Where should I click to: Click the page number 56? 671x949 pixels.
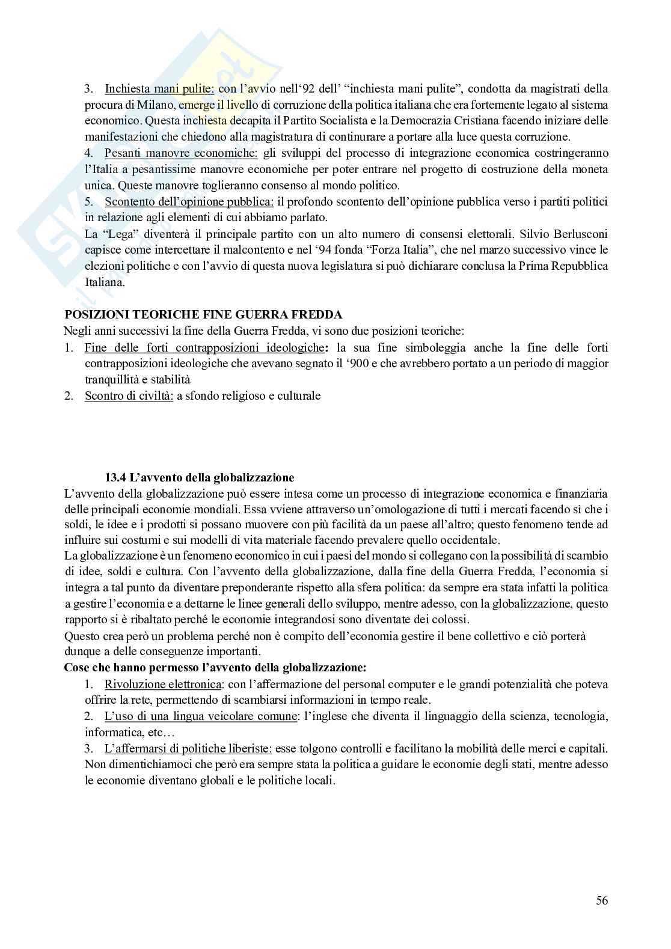coord(602,900)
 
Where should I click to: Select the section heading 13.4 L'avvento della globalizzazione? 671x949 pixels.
coord(200,478)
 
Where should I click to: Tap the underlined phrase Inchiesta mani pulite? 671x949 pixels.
coord(159,89)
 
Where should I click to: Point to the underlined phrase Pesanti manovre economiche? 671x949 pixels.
coord(181,153)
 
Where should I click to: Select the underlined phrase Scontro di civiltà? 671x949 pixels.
coord(129,395)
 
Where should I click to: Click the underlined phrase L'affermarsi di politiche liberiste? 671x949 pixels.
coord(188,748)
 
